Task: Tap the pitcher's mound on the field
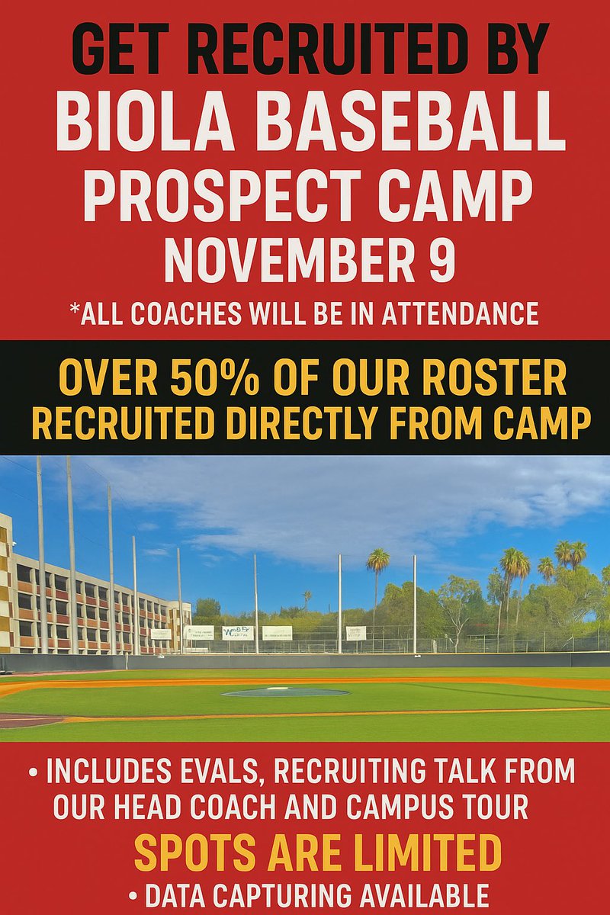[x=286, y=692]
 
